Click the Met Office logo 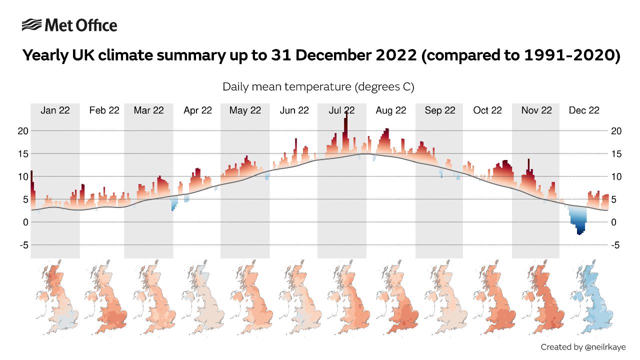(69, 25)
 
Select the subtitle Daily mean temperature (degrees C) (318, 86)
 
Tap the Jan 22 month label (55, 110)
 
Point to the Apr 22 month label (197, 110)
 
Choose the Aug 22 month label (391, 110)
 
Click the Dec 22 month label (584, 110)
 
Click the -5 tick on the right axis (616, 245)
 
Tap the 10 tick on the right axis (616, 176)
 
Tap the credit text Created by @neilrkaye (583, 346)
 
